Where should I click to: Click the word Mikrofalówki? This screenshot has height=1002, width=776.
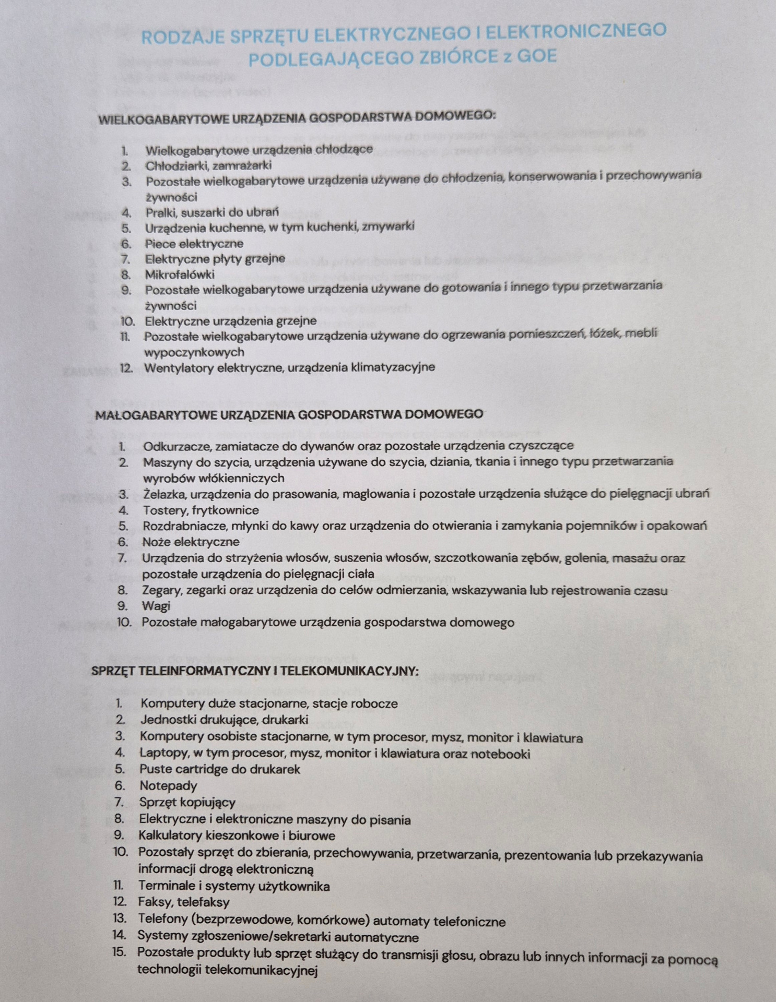point(180,274)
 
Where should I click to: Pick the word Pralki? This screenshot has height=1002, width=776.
point(161,212)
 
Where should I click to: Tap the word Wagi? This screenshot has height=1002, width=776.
point(156,606)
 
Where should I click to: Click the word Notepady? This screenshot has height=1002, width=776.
point(168,785)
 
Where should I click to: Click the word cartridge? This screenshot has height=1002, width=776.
point(198,769)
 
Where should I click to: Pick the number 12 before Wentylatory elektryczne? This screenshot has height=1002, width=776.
point(126,367)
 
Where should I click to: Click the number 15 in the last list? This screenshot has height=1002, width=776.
point(119,951)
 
